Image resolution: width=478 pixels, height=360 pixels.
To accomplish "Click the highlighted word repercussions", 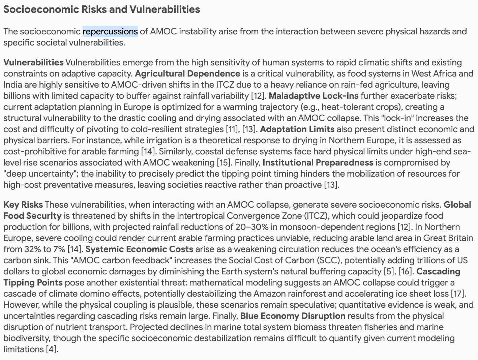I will (110, 31).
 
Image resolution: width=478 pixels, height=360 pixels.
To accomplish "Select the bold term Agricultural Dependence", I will (187, 73).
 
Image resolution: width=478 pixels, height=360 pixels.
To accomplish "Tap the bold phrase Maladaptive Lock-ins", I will (313, 96).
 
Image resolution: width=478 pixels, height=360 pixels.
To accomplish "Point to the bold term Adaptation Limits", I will (297, 129).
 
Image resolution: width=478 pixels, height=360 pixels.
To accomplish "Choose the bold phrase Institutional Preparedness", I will (318, 162).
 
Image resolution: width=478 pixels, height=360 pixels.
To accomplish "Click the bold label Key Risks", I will (23, 205).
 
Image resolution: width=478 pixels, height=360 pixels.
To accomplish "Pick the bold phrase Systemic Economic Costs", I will (140, 249).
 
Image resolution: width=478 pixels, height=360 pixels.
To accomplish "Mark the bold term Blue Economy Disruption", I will (293, 316).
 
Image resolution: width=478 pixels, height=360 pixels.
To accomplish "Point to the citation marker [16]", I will (406, 271).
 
